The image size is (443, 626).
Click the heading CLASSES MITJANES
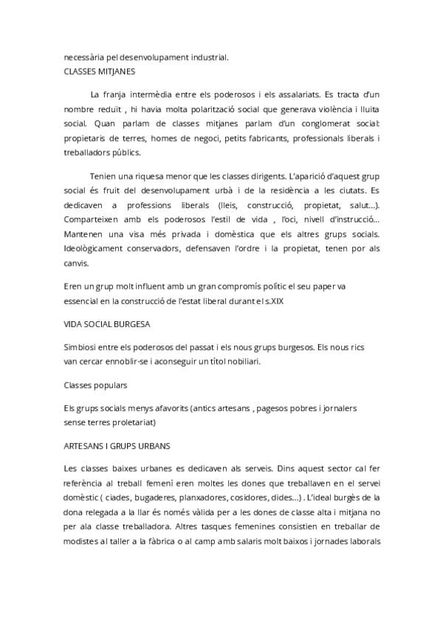click(99, 72)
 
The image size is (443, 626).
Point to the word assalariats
click(295, 94)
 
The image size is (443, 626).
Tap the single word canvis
click(76, 263)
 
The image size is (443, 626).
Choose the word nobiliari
click(240, 362)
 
